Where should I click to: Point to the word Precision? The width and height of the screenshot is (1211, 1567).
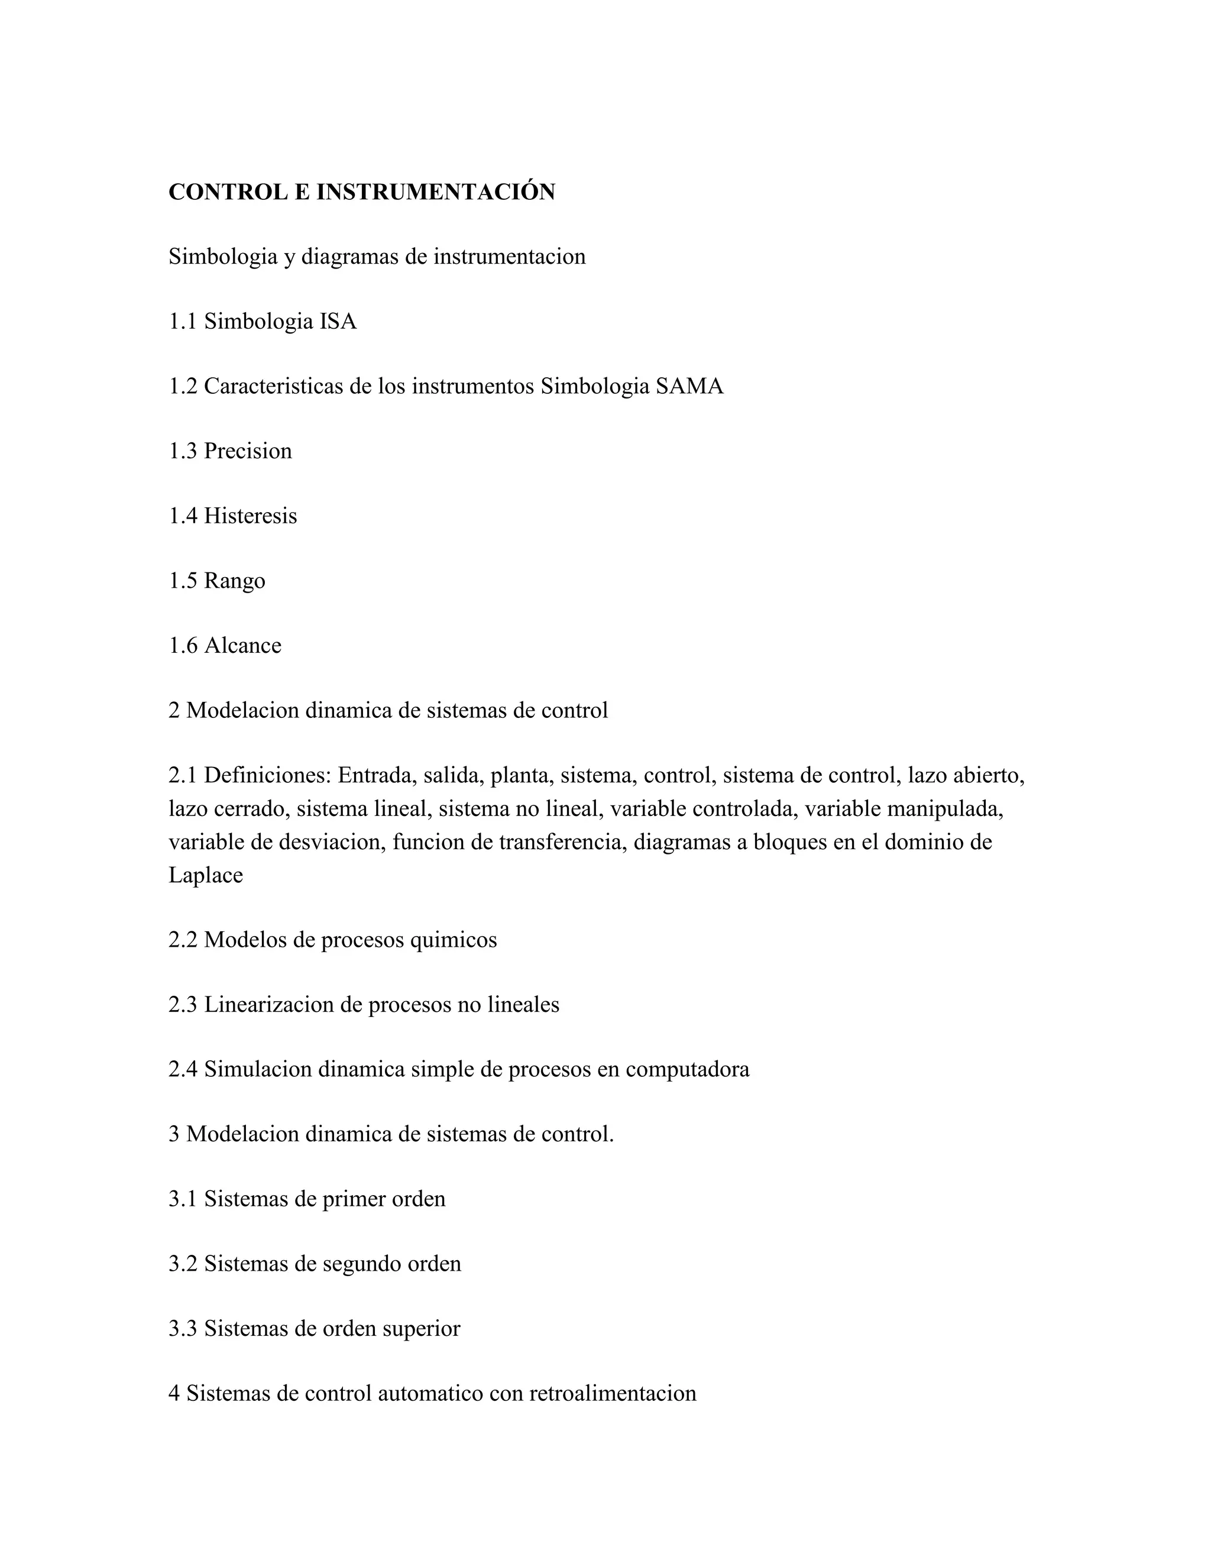[248, 451]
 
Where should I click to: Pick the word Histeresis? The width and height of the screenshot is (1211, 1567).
[250, 516]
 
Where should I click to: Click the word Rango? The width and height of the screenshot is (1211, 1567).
[235, 581]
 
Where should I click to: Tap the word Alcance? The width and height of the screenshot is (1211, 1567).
[243, 645]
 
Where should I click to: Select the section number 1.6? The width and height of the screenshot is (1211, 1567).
[183, 645]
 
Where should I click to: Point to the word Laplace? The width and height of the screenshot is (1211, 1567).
[206, 875]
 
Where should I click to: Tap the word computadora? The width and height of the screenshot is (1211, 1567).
[687, 1069]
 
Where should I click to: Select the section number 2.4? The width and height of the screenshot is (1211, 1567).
[183, 1069]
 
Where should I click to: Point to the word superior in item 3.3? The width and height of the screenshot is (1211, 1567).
[421, 1328]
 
